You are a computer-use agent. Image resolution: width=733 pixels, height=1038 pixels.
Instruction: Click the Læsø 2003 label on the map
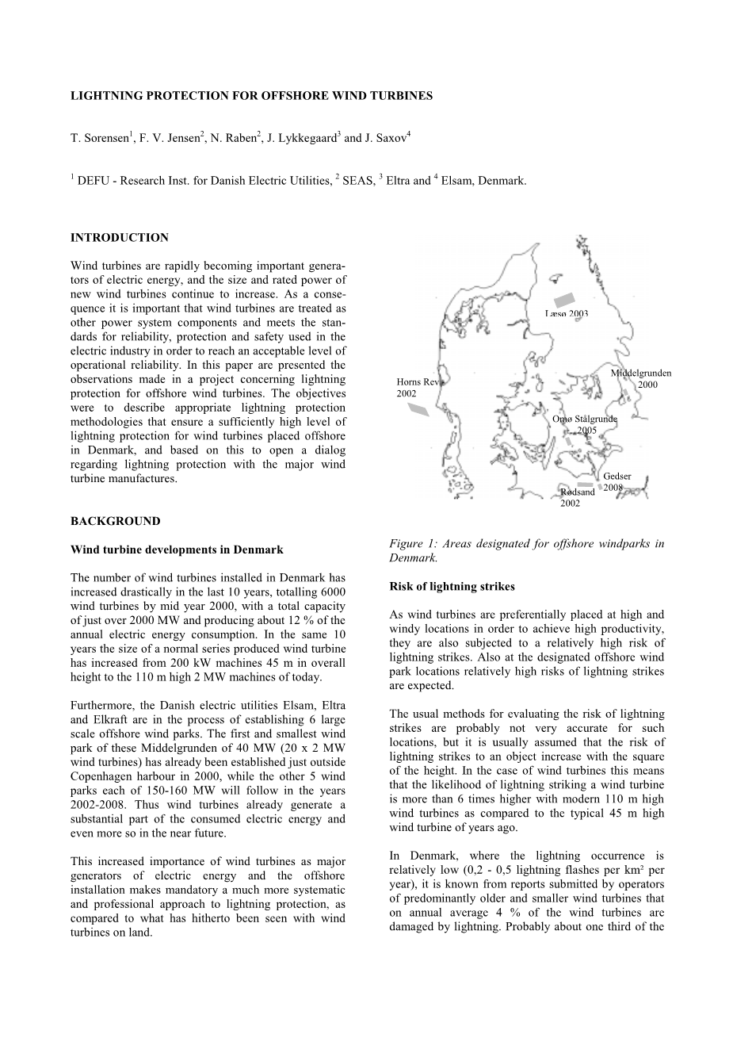click(567, 314)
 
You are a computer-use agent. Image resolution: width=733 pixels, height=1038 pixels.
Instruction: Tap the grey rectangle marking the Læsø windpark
click(563, 300)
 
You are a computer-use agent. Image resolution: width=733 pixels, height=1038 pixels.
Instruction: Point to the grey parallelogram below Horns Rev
click(418, 409)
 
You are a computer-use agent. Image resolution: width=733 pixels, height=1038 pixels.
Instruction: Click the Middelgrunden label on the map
click(640, 373)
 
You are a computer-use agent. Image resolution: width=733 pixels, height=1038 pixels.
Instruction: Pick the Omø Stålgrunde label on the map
click(585, 419)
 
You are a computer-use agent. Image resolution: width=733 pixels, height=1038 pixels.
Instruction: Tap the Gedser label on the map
click(617, 476)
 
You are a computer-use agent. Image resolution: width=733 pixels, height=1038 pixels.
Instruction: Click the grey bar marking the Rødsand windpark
click(585, 484)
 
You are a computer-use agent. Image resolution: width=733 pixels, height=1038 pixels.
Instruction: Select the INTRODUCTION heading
click(119, 237)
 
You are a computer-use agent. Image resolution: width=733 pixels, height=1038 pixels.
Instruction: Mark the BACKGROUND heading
click(115, 521)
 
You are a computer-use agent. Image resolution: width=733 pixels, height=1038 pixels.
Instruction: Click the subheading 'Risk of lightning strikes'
click(452, 587)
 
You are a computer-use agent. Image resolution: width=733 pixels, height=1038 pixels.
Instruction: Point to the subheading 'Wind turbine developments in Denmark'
click(177, 550)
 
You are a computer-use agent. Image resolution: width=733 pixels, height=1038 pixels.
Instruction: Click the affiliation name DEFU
click(95, 182)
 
